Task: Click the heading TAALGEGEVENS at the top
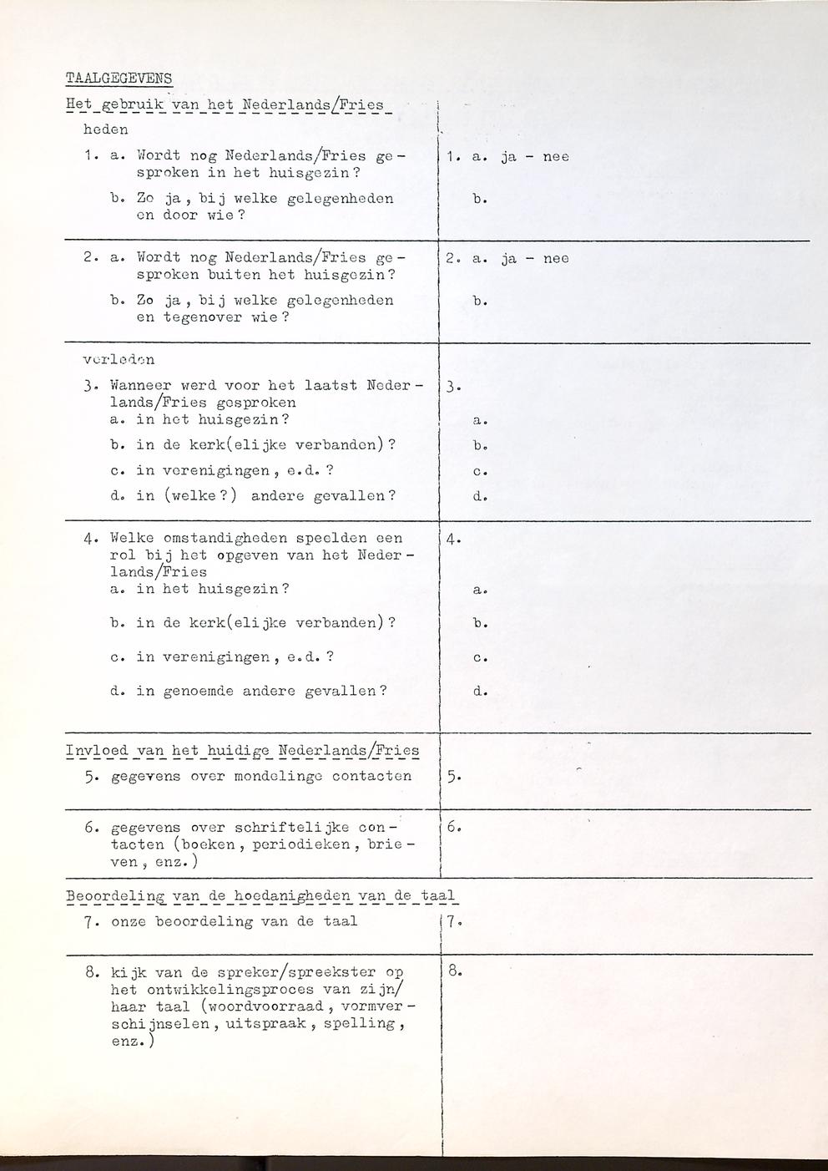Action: [x=119, y=79]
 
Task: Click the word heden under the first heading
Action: [x=106, y=129]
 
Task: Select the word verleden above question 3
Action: [x=119, y=360]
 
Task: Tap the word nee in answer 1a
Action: [x=556, y=156]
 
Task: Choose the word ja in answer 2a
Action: [x=509, y=259]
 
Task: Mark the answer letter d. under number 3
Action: [x=480, y=496]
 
